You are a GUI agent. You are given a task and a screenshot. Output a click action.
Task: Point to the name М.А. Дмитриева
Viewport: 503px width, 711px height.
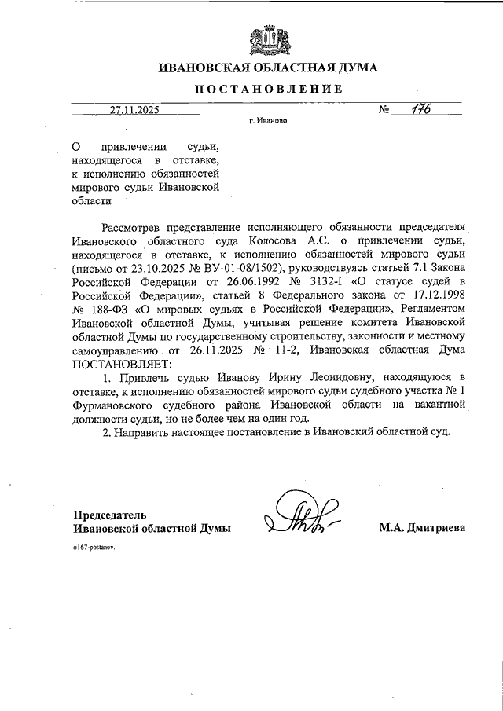coord(421,529)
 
